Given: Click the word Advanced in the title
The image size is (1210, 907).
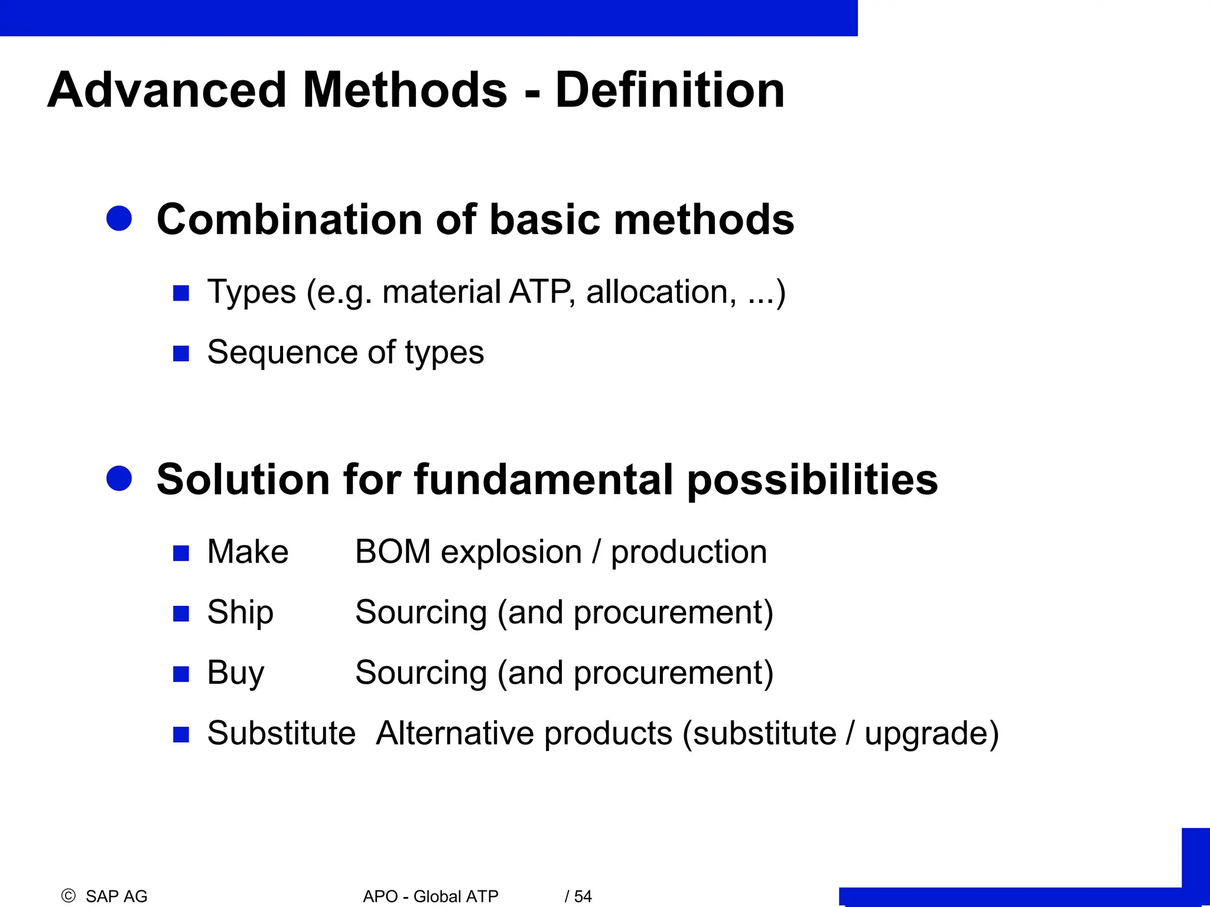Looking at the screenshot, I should (167, 90).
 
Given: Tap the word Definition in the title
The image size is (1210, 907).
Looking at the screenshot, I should (670, 90).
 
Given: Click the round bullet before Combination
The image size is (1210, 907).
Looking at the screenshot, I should (119, 218).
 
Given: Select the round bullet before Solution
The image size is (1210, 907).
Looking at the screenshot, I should (119, 478).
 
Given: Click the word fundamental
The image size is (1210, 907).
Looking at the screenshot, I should (544, 479).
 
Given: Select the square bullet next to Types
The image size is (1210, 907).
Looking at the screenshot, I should (181, 293).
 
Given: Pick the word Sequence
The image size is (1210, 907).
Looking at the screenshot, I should (282, 353).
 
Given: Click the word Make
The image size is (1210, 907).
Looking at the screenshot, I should (248, 552).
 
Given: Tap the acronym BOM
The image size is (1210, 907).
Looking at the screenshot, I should (393, 552).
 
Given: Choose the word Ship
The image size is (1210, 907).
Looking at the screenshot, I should (240, 612).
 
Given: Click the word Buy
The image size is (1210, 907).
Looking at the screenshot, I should (235, 673).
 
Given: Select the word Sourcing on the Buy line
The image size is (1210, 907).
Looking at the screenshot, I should (421, 673).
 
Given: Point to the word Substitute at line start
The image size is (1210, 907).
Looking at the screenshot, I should (281, 733).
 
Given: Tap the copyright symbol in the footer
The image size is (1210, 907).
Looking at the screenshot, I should (69, 896).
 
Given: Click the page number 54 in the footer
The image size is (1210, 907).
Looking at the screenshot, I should (583, 896).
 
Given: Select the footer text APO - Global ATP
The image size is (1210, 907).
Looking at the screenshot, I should (431, 896).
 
